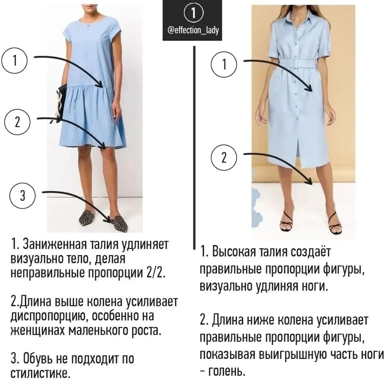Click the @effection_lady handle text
point(193,30)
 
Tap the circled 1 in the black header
point(193,12)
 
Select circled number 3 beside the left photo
point(23,196)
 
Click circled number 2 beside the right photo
point(224,157)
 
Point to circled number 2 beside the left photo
point(17,122)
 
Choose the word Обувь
point(38,358)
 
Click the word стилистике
point(41,373)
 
